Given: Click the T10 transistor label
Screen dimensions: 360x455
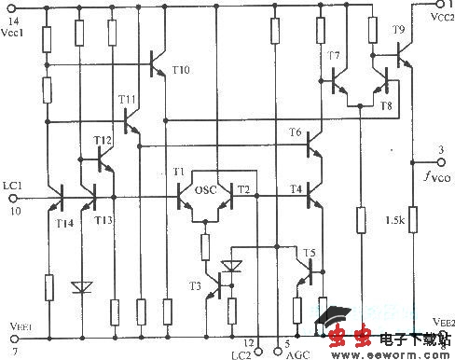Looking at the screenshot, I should point(181,70).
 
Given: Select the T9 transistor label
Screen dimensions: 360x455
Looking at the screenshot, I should point(399,31).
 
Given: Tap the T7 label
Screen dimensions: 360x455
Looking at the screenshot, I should point(333,56).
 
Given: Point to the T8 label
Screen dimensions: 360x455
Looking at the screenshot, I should point(387,105).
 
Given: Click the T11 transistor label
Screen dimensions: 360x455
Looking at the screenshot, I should point(127,99).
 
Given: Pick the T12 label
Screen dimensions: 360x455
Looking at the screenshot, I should point(103,140).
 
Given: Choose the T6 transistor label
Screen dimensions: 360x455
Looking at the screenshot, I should point(296,133).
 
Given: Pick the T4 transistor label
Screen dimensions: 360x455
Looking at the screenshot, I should point(296,189).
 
